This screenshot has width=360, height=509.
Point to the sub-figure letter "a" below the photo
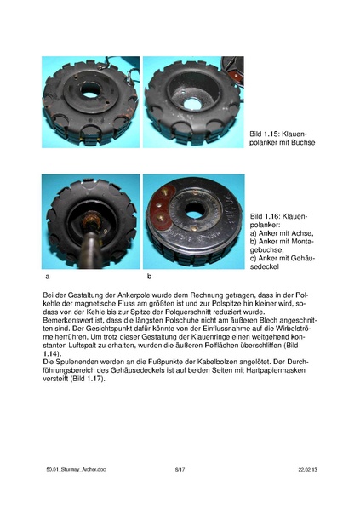(45, 277)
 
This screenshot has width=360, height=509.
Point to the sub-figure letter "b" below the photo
(150, 277)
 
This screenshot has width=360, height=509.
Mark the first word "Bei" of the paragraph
(48, 294)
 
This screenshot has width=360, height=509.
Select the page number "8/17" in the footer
(180, 469)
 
